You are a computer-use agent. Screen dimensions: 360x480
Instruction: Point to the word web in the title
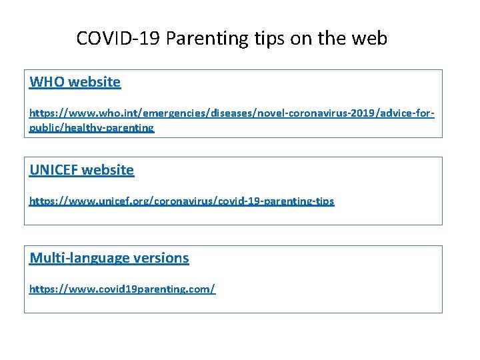[x=370, y=39]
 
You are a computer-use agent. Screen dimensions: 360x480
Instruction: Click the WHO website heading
[x=75, y=82]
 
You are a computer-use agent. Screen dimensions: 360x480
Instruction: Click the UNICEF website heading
[x=82, y=170]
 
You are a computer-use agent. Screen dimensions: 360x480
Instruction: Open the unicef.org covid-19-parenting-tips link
[x=181, y=201]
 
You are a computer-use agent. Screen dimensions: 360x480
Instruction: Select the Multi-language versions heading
[x=109, y=258]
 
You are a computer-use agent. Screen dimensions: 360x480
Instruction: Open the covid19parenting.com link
[x=122, y=289]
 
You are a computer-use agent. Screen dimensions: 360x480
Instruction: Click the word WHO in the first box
[x=47, y=82]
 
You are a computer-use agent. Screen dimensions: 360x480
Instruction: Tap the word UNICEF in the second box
[x=53, y=170]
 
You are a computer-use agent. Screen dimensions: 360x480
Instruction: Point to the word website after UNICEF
[x=108, y=170]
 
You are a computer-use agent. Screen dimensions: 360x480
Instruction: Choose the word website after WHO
[x=95, y=82]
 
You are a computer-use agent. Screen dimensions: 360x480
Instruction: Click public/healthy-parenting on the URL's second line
[x=91, y=127]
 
